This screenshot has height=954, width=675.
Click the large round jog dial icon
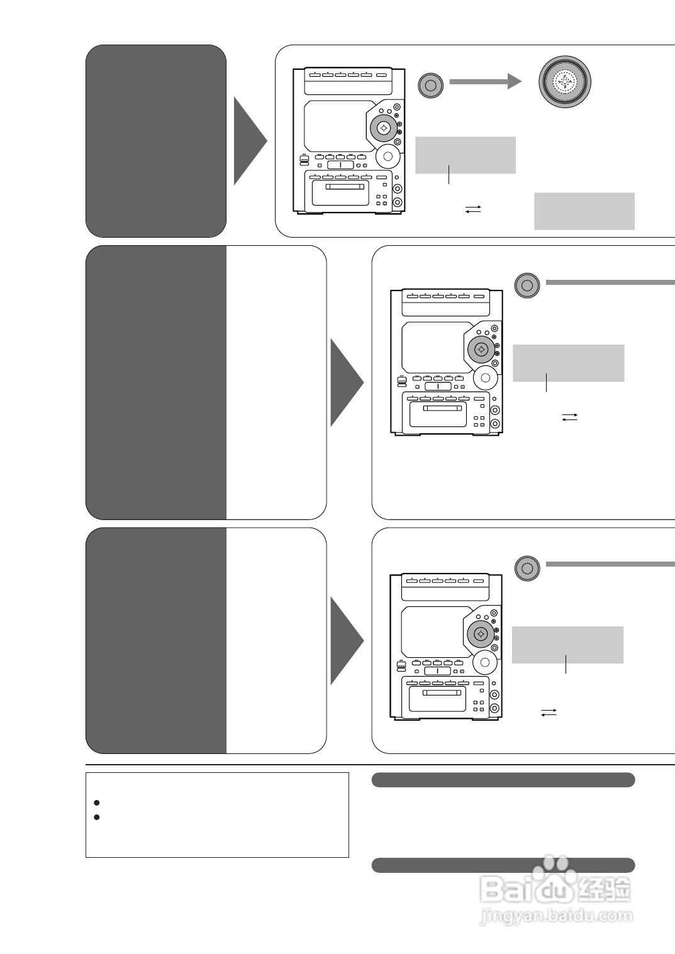point(564,82)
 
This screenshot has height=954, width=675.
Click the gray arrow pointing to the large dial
point(485,82)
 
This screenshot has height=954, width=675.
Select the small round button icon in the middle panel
point(527,286)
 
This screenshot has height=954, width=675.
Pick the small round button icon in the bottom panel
point(527,568)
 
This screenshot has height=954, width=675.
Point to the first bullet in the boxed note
point(96,803)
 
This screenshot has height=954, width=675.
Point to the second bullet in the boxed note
point(96,817)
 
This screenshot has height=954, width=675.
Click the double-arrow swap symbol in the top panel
point(473,208)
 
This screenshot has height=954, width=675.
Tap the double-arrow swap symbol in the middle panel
point(569,416)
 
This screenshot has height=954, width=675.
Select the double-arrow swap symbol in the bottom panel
point(549,712)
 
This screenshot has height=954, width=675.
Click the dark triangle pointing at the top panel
point(250,141)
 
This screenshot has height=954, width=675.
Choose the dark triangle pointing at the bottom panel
point(347,641)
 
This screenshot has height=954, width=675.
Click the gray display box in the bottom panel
point(567,644)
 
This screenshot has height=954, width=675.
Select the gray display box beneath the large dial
point(584,211)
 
